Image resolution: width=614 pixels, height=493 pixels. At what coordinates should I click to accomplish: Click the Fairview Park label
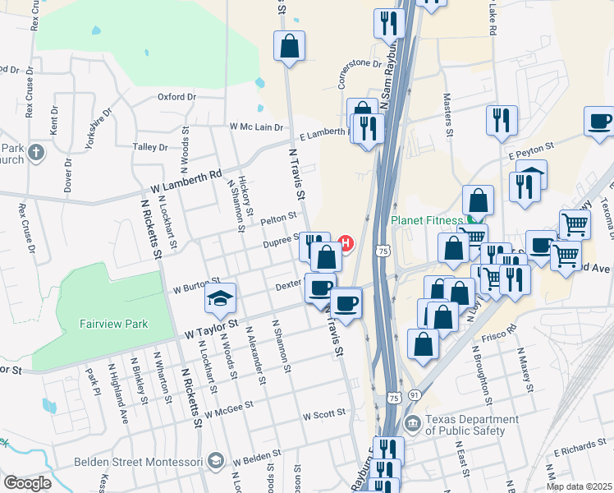(x=113, y=324)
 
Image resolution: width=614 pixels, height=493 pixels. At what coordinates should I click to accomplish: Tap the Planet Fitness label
(x=427, y=220)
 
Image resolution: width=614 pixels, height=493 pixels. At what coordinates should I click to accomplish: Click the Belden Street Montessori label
(x=138, y=462)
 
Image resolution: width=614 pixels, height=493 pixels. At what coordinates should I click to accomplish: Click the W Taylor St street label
(x=211, y=329)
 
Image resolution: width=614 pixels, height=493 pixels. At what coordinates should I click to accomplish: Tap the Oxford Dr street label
(x=177, y=97)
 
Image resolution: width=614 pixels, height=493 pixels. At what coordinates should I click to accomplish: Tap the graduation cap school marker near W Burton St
(x=220, y=299)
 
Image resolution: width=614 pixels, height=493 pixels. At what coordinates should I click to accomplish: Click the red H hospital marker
(x=346, y=243)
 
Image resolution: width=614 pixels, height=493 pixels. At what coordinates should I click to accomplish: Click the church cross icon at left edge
(x=35, y=152)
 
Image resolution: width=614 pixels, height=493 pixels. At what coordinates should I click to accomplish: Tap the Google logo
(x=26, y=483)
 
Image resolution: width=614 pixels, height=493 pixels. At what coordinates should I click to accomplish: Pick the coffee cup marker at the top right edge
(x=599, y=122)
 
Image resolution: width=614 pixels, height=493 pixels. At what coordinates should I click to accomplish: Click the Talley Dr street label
(x=150, y=147)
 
